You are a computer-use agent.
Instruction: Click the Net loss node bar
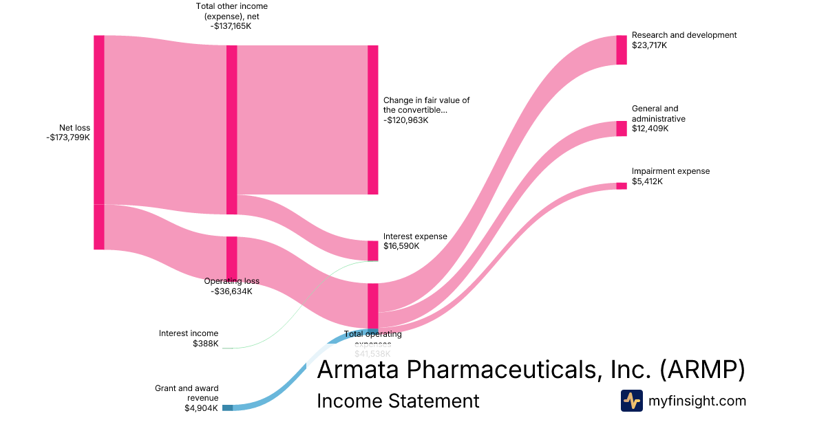point(99,142)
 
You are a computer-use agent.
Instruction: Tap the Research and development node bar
point(622,49)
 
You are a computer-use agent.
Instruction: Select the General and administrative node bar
point(622,129)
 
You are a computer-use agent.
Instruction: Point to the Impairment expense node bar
point(622,186)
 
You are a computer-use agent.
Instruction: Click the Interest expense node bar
point(373,251)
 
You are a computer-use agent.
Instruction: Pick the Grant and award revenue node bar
point(227,408)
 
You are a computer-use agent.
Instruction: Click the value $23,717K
point(650,45)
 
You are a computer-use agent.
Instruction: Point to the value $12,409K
point(650,129)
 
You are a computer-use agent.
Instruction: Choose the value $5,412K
point(647,181)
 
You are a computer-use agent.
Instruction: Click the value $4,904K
point(201,408)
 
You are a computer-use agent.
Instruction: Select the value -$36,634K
point(232,291)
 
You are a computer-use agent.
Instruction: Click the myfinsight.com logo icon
point(631,401)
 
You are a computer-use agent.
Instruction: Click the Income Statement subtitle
point(398,401)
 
